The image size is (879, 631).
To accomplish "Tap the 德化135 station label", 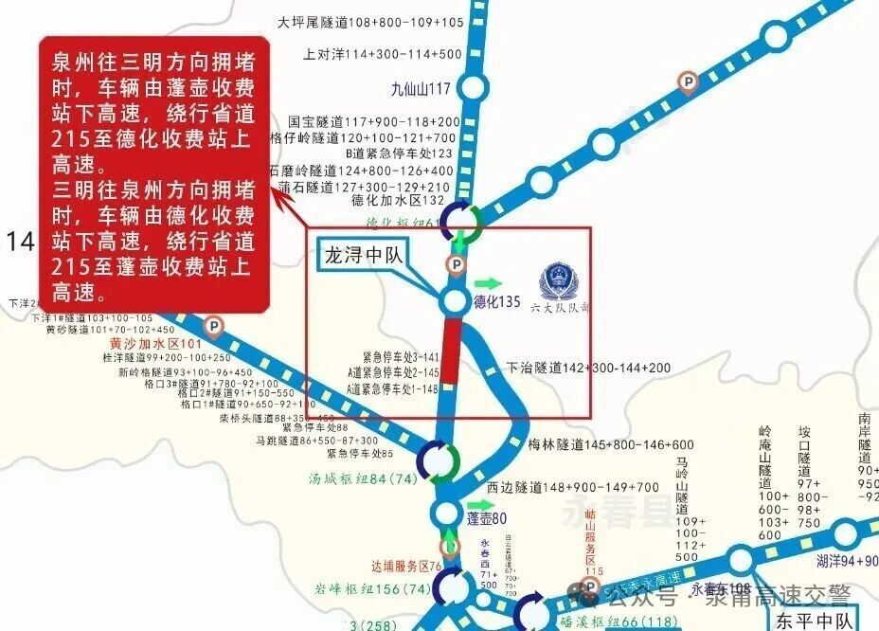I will (498, 303).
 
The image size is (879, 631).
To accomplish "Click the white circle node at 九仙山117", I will (474, 88).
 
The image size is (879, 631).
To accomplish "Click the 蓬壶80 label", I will (488, 518).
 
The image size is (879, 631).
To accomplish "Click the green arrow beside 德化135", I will (489, 283).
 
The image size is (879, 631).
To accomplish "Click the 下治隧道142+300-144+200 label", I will (588, 368).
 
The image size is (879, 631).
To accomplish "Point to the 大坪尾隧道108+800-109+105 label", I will (372, 22).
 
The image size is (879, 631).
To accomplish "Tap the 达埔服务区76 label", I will (407, 567).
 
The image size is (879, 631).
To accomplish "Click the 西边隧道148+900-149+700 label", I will (572, 487).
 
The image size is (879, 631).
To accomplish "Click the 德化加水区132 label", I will (398, 201).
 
